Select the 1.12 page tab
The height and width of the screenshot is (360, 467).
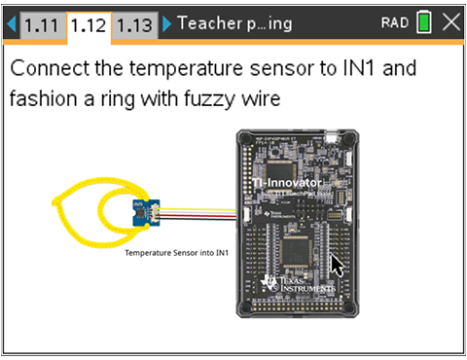89,23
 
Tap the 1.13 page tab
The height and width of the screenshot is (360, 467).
134,23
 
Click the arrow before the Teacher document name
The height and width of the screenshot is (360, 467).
167,23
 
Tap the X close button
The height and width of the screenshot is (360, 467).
450,23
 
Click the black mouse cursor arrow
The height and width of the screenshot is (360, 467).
337,265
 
